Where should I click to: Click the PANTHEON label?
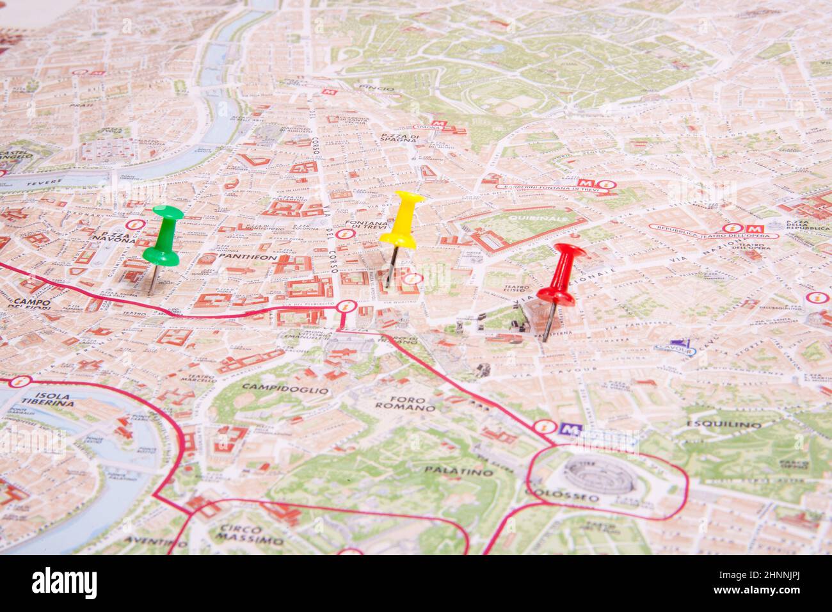point(246,257)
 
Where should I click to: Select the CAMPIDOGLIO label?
point(285,389)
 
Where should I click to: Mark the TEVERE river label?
point(44,182)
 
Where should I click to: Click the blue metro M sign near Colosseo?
point(566,430)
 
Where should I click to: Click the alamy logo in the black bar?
point(65,583)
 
